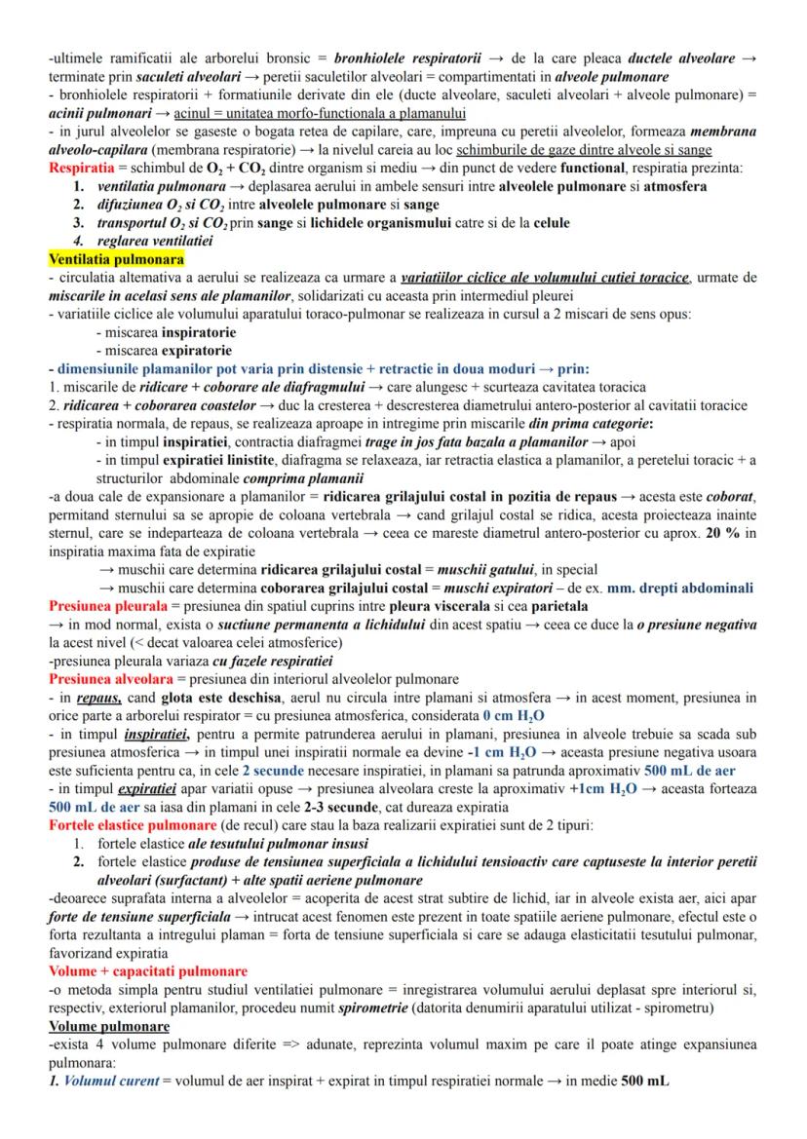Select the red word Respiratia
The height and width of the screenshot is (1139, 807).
pyautogui.click(x=85, y=168)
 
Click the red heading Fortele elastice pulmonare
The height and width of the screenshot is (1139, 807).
pyautogui.click(x=131, y=824)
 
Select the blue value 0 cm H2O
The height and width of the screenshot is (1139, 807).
pyautogui.click(x=489, y=715)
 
